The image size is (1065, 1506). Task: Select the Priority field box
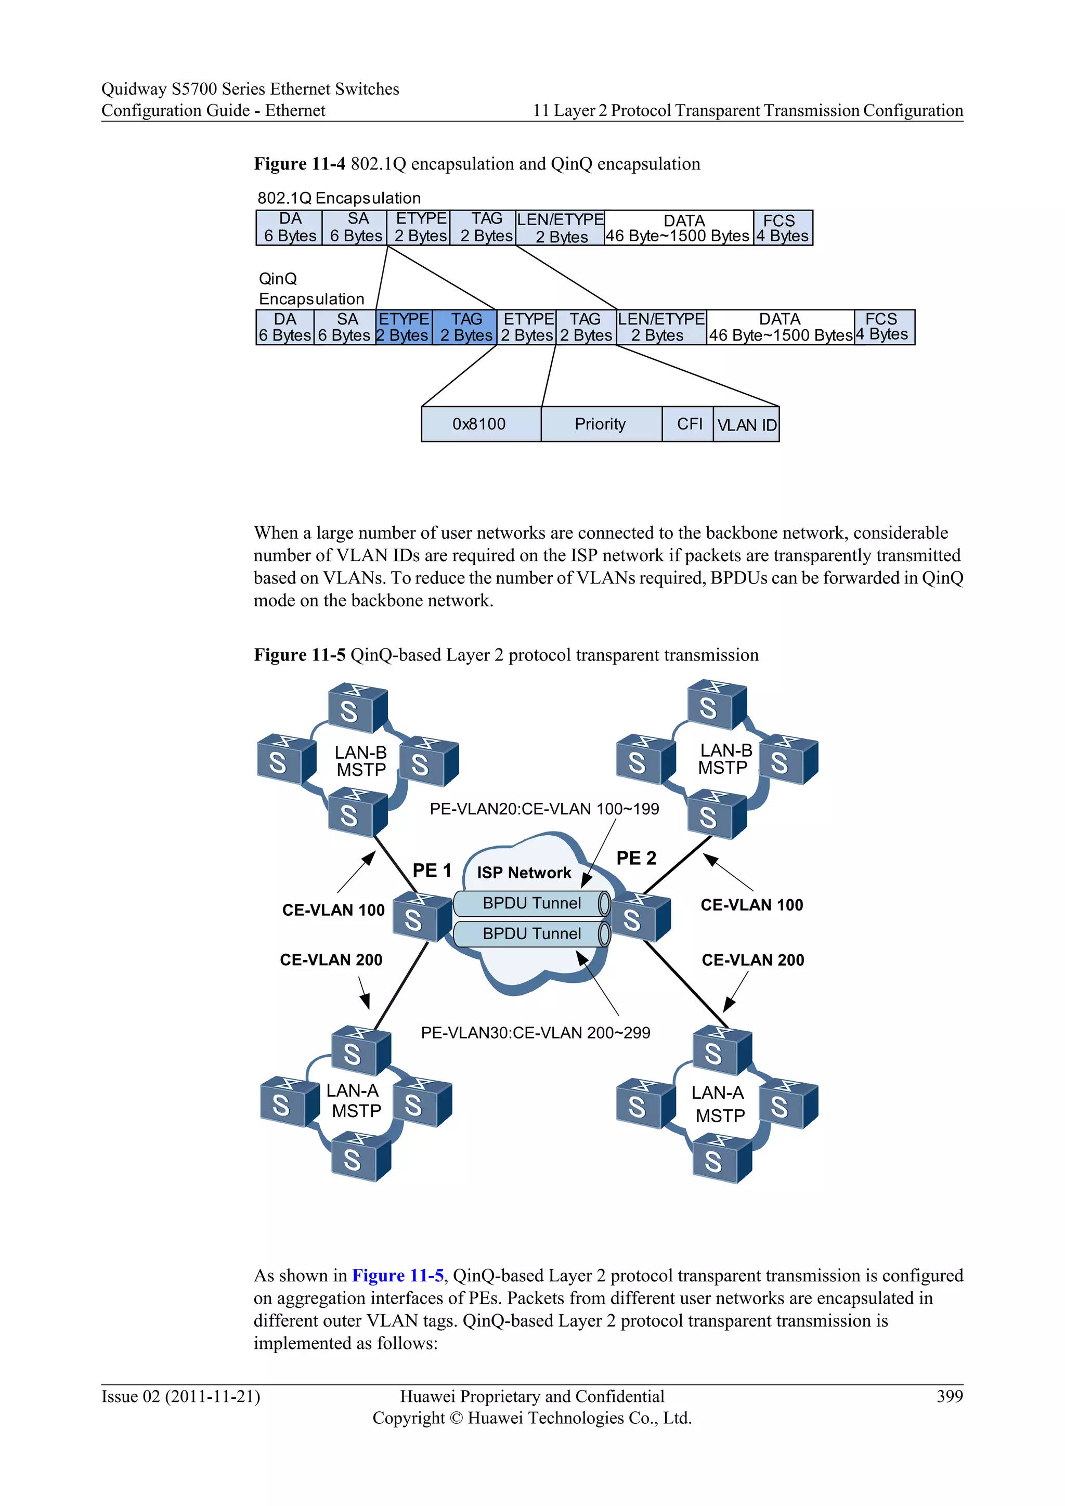tap(601, 424)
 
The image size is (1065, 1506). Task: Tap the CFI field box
tap(689, 424)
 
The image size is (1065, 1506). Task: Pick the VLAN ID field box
tap(746, 425)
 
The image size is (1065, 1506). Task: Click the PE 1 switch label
tap(432, 871)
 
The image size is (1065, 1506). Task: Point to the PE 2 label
tap(636, 858)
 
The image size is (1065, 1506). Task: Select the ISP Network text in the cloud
tap(524, 873)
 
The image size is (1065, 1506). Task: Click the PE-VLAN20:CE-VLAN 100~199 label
tap(544, 809)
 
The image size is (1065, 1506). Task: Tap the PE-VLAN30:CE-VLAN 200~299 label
tap(535, 1032)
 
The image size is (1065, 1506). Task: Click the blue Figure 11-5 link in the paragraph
tap(398, 1275)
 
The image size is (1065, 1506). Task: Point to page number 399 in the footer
tap(950, 1396)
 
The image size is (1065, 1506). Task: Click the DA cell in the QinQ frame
tap(285, 327)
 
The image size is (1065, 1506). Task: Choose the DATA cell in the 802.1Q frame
tap(678, 228)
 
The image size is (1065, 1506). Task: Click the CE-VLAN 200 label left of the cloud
tap(331, 959)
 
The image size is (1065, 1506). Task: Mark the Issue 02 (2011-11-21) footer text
tap(181, 1396)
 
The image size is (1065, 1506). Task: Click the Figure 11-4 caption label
tap(300, 164)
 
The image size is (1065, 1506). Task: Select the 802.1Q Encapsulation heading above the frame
tap(339, 198)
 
